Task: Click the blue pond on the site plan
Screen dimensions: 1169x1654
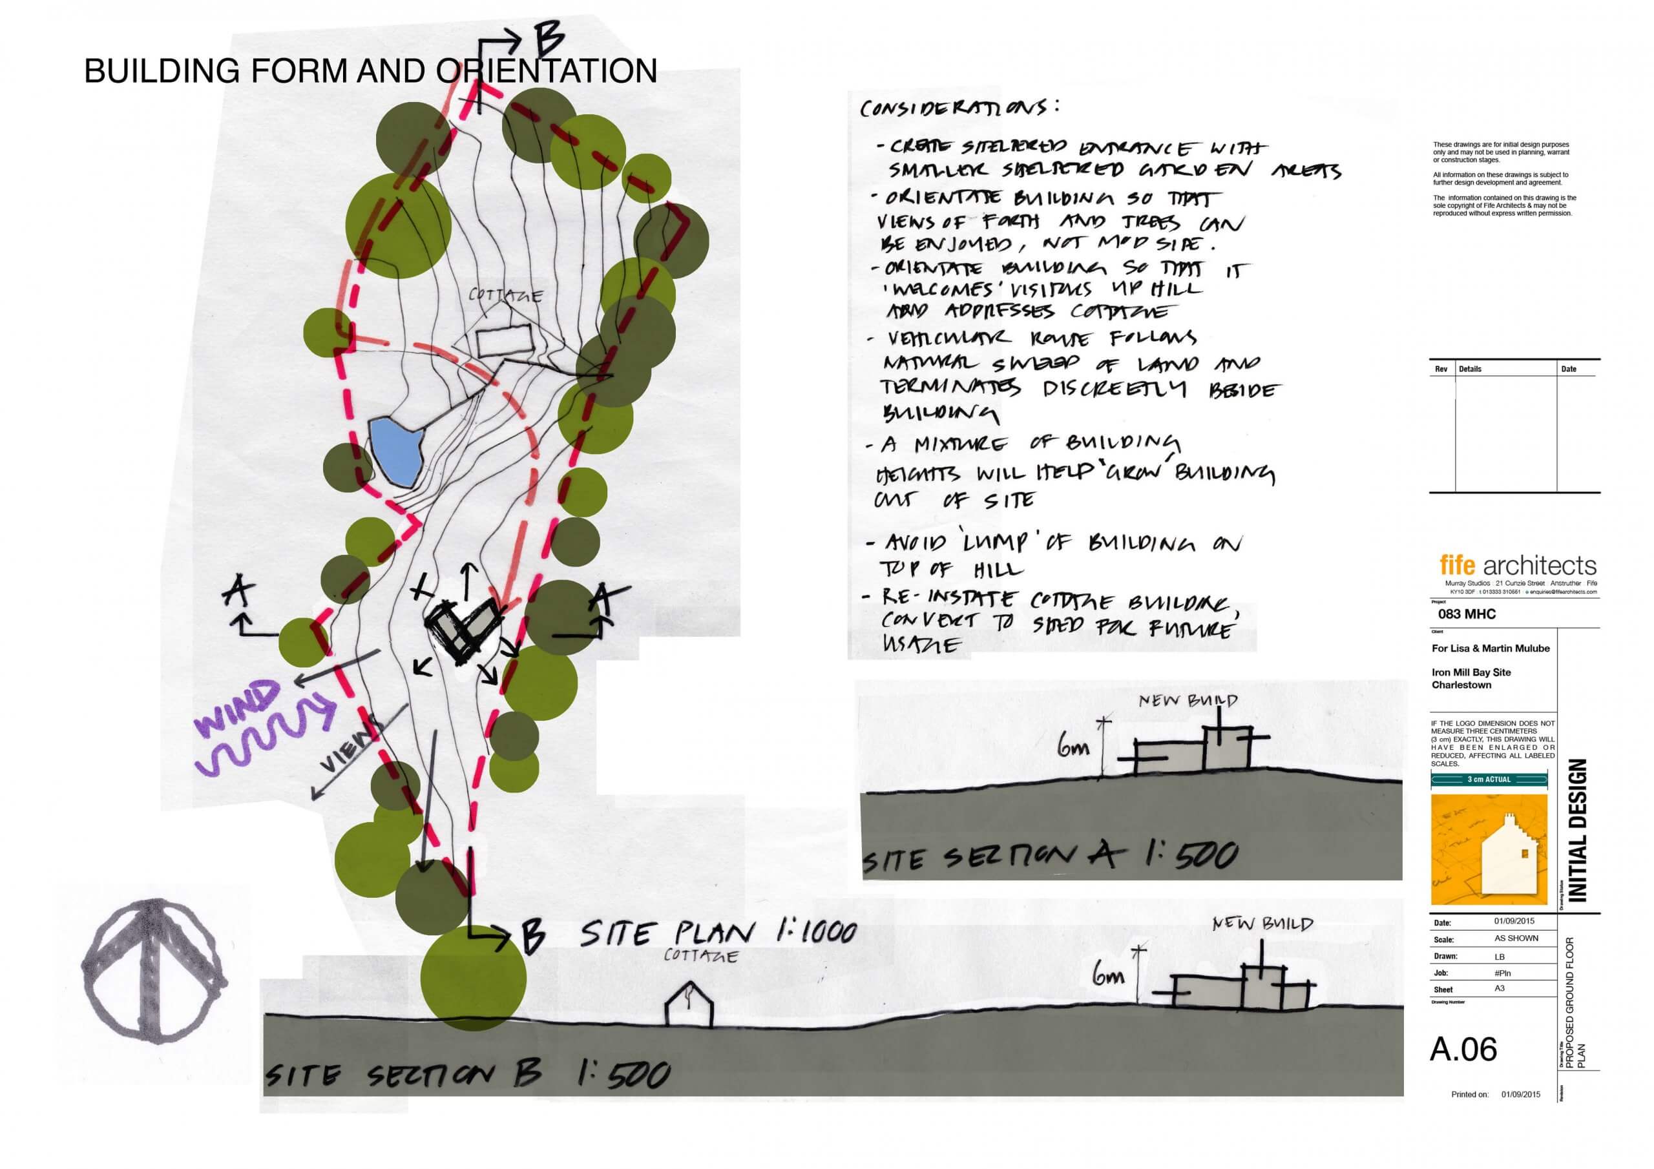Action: click(396, 451)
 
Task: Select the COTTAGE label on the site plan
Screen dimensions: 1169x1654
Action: click(506, 295)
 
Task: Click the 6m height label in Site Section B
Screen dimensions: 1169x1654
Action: click(1109, 977)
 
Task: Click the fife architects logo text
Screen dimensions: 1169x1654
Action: click(1518, 564)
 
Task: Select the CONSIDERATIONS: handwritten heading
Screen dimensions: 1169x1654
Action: click(959, 108)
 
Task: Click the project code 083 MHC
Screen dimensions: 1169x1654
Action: click(1467, 614)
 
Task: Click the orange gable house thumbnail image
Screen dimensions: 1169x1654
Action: click(1489, 850)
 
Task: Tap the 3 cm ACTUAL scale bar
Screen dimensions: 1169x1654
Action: click(1489, 780)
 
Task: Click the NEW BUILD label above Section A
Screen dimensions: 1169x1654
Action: click(1188, 700)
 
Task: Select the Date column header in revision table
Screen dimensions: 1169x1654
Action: click(1568, 369)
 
